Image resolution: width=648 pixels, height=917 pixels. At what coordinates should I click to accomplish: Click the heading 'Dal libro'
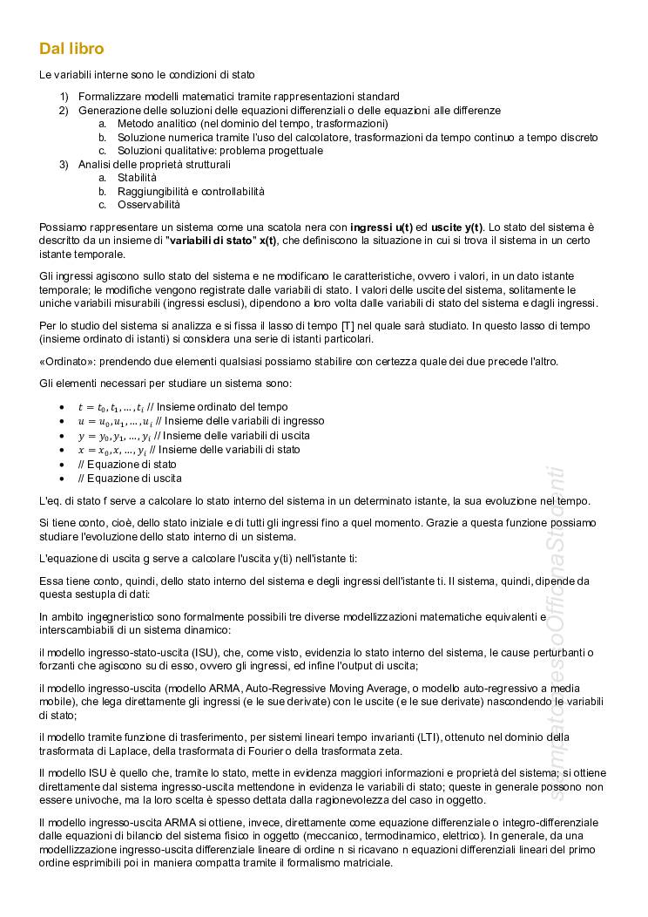click(71, 49)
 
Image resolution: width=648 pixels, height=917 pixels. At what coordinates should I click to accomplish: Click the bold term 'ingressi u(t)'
click(379, 228)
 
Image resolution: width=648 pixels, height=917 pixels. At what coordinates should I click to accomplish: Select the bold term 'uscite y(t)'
click(458, 228)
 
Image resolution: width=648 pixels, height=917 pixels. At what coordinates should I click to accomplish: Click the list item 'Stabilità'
click(138, 178)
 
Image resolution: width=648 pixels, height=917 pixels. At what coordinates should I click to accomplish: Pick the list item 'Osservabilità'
click(149, 205)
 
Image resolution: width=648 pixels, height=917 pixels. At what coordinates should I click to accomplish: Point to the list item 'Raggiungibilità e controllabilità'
click(191, 191)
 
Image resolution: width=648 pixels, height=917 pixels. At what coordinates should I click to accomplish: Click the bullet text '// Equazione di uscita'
click(130, 479)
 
